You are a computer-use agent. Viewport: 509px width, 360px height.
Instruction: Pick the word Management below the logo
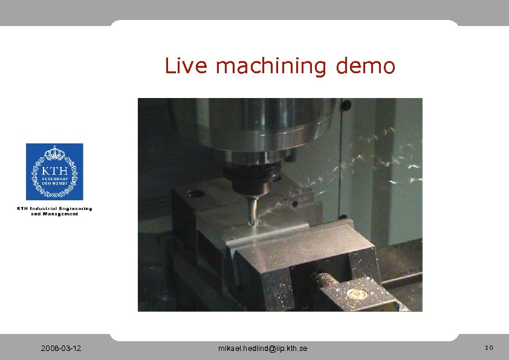62,214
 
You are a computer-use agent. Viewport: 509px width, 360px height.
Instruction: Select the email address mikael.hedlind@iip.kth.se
262,349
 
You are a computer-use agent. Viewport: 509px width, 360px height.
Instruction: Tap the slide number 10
488,348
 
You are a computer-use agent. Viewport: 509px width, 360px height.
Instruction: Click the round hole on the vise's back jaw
195,195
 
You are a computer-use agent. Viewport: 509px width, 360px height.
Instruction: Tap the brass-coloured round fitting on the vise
357,294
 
